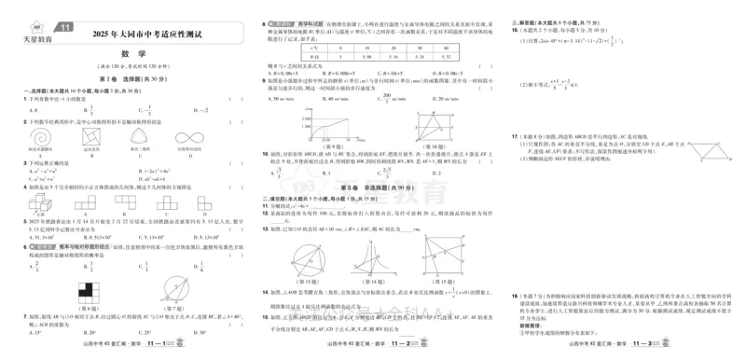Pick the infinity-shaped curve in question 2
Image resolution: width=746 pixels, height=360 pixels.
[191, 136]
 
